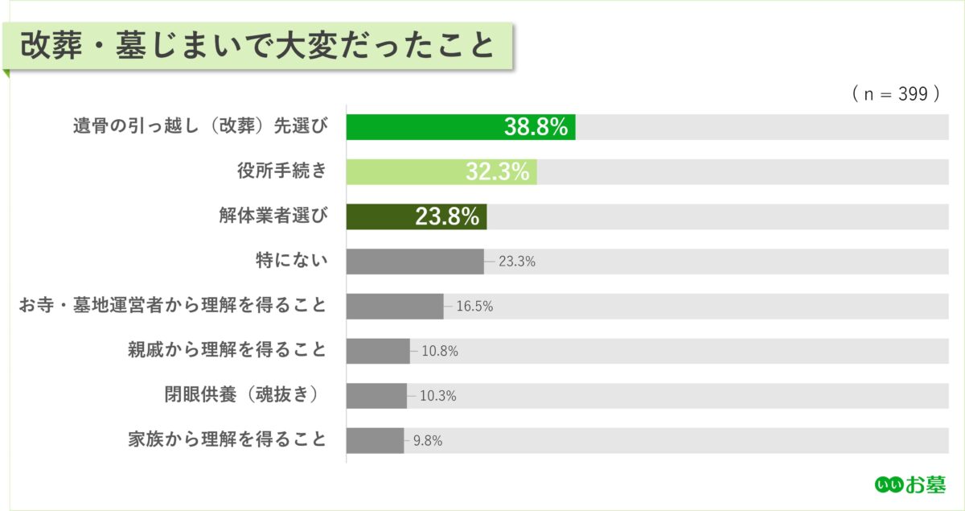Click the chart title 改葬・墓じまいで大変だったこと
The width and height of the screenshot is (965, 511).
(x=257, y=46)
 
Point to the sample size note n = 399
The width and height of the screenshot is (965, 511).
(x=896, y=94)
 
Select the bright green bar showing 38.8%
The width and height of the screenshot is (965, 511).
(x=460, y=127)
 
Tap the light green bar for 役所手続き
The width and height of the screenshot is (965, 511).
(x=441, y=171)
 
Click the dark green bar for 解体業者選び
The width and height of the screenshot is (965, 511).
(x=416, y=216)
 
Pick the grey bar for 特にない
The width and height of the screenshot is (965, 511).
(x=415, y=262)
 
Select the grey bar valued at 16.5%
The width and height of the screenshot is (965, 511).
(x=395, y=306)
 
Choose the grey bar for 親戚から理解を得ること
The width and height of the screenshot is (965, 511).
(x=378, y=351)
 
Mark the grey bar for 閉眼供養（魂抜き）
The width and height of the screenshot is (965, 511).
(x=376, y=396)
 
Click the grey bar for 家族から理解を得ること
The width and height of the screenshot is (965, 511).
(x=375, y=440)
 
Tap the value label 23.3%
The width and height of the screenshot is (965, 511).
(x=517, y=262)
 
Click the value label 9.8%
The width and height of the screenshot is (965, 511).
(x=427, y=441)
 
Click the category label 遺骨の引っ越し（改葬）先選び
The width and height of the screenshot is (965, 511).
(x=201, y=127)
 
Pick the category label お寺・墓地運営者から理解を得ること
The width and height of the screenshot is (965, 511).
(x=173, y=306)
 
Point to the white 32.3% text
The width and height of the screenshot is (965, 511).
(x=497, y=172)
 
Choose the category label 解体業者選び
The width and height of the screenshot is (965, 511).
(x=273, y=216)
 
